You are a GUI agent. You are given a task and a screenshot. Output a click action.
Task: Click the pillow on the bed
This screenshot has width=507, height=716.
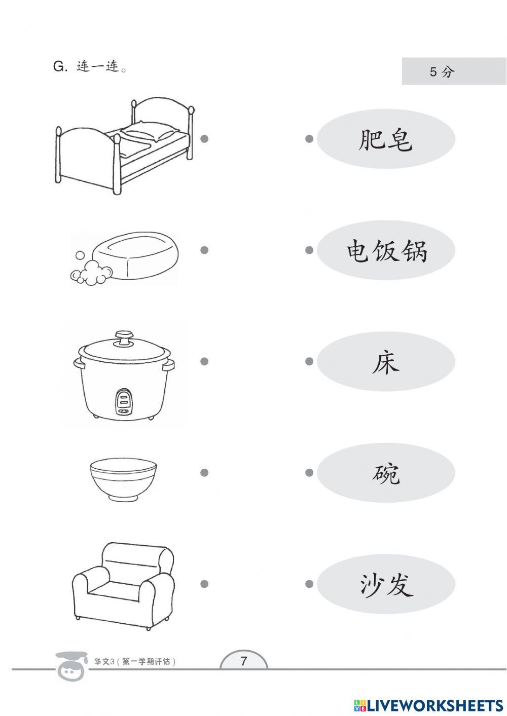click(150, 131)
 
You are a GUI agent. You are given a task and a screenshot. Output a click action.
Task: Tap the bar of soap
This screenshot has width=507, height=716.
click(135, 255)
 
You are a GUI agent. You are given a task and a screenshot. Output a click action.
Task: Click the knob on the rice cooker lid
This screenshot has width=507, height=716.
click(124, 338)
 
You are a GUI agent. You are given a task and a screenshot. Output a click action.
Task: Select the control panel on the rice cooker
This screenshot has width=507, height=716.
click(124, 402)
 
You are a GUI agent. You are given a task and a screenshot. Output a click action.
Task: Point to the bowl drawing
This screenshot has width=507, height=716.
click(124, 479)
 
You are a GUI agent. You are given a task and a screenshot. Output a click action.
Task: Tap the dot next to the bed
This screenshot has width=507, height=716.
click(204, 139)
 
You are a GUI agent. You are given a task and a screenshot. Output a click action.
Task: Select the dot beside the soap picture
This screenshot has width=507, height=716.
click(204, 250)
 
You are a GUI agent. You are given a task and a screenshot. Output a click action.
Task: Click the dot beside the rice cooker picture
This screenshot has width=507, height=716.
click(204, 361)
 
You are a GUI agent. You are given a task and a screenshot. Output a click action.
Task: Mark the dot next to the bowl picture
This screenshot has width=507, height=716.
click(204, 472)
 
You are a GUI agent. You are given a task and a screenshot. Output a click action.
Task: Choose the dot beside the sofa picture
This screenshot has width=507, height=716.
click(204, 584)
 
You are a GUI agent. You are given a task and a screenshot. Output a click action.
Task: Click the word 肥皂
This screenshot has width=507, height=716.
click(385, 140)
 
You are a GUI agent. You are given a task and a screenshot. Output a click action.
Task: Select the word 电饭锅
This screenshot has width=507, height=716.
click(387, 251)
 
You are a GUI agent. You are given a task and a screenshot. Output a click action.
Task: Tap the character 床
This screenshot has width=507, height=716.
click(386, 362)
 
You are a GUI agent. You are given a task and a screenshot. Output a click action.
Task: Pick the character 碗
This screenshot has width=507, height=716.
click(386, 474)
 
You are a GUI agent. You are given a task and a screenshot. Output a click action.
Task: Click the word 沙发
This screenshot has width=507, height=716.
click(386, 585)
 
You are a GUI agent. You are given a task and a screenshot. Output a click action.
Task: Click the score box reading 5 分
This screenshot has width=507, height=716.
click(454, 71)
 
